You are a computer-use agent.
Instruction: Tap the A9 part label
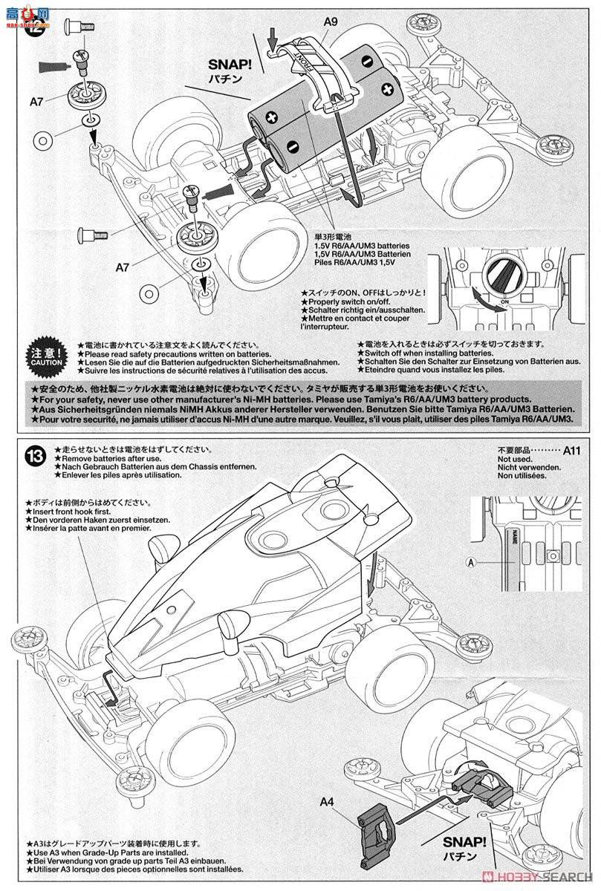[331, 22]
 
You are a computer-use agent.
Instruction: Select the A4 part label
[328, 802]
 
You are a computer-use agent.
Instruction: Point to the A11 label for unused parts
[571, 450]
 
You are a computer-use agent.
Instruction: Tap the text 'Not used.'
[516, 460]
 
